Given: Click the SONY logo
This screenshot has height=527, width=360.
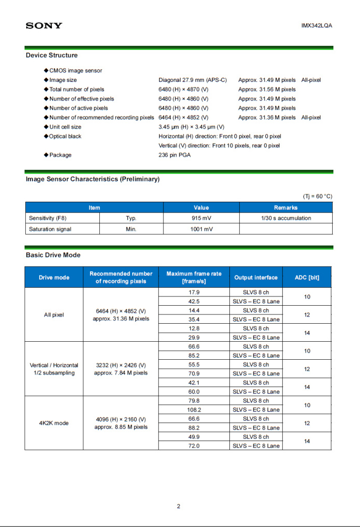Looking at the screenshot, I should point(44,25).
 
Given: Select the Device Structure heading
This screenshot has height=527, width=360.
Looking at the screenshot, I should point(52,55).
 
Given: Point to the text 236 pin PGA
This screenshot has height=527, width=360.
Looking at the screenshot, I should point(174,155).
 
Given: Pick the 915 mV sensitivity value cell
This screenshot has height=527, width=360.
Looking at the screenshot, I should point(201,218).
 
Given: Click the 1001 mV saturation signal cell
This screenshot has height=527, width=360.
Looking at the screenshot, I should point(201,229).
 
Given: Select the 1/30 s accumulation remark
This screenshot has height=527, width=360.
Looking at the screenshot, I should point(286,218).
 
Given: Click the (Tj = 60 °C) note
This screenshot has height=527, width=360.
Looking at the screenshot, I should point(317,197).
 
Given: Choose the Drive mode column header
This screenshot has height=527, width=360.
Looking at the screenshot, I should point(54,277).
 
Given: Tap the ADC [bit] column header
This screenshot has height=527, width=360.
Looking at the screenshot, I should point(307,277).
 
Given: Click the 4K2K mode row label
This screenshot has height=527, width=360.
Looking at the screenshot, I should point(54,423).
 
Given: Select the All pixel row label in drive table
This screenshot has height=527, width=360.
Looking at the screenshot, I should point(54,315).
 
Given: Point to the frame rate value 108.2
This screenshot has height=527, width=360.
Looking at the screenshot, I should point(194,410).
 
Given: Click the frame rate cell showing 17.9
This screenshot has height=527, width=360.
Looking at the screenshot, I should point(194,292).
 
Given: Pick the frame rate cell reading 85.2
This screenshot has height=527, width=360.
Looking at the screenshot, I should point(194,356).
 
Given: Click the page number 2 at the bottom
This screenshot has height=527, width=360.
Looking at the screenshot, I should point(178,506).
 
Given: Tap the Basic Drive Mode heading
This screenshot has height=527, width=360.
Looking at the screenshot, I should point(53,255).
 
